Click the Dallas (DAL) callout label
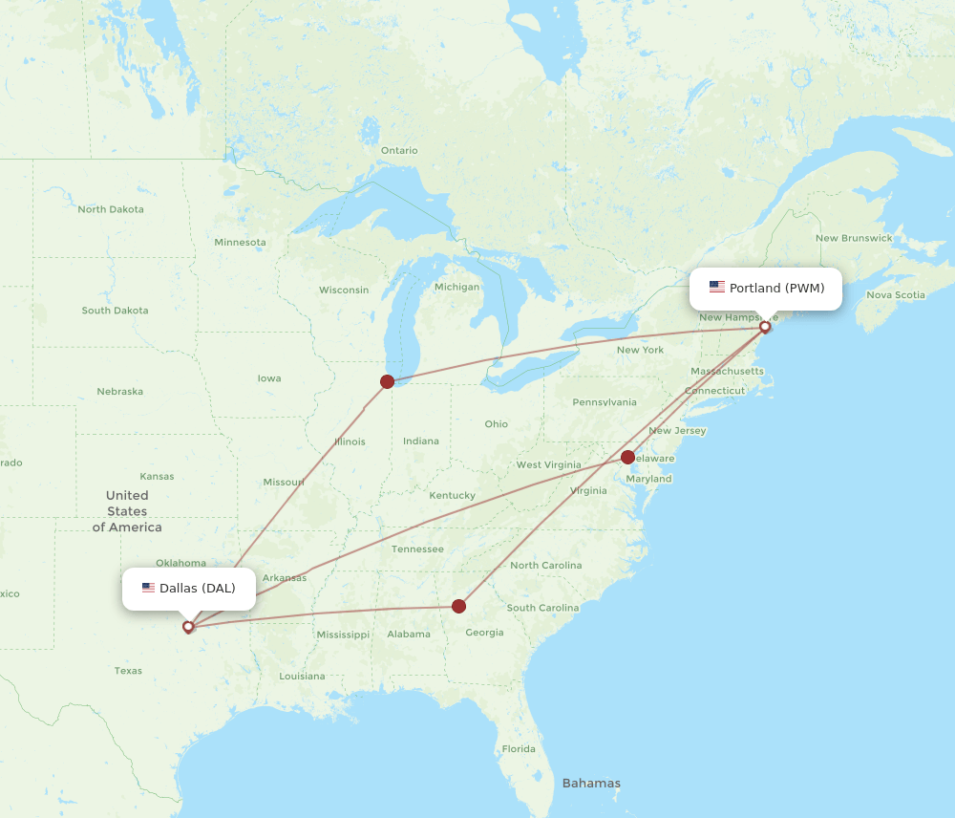189,589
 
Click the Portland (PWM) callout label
766,289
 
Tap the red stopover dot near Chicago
387,381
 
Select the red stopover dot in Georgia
458,606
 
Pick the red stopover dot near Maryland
627,457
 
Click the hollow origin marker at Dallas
188,627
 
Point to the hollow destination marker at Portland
765,327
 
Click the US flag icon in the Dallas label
148,588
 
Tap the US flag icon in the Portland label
716,287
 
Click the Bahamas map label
591,784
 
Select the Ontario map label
399,150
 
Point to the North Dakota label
111,209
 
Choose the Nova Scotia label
896,294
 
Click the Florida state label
519,748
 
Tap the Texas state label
128,671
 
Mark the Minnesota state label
240,242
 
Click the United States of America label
127,511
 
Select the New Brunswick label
854,238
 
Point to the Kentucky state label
452,495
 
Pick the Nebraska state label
119,391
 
